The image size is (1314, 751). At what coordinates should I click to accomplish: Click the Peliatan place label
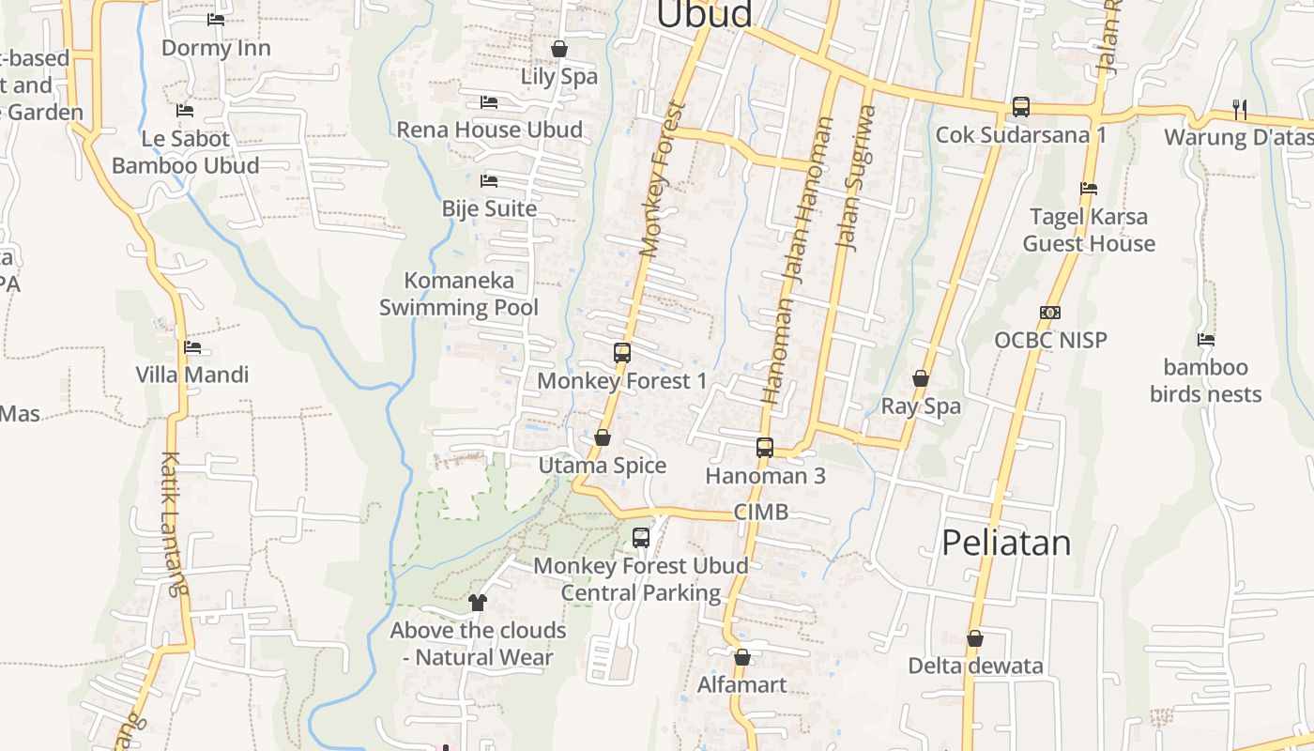coord(1005,543)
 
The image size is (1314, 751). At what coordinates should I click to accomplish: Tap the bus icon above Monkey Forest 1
coord(622,353)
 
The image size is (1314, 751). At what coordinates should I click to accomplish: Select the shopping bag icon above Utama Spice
coord(603,437)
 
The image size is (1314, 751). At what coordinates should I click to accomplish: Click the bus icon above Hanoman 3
coord(765,448)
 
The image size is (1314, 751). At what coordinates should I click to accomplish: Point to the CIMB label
coord(760,513)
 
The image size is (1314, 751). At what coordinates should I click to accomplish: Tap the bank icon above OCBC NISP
coord(1050,313)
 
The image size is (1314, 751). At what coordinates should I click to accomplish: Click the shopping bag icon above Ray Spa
coord(921,378)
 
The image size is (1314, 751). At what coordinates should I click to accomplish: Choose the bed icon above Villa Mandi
coord(192,347)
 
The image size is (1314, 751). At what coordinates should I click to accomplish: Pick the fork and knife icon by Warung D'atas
coord(1240,109)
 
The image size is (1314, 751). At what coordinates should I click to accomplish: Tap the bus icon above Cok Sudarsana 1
coord(1021,107)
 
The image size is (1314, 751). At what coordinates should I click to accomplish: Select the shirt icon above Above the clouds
coord(478,603)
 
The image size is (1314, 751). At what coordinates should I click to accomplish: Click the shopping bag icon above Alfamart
coord(741,657)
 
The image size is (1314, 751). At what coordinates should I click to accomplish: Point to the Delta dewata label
coord(975,667)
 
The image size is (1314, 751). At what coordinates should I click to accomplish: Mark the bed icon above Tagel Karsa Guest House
coord(1089,189)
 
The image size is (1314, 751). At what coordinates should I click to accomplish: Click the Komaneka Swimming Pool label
coord(458,294)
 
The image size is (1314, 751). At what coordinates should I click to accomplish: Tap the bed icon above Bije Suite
coord(489,180)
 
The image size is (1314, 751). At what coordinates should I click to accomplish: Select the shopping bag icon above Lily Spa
coord(559,49)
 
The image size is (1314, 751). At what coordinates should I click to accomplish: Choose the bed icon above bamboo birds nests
coord(1206,340)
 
